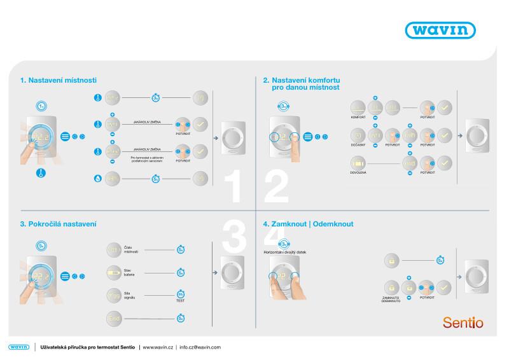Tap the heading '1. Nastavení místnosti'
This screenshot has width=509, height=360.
coord(58,80)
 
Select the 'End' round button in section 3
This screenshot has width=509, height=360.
coord(113,317)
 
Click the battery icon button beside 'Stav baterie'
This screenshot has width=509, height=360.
coord(113,273)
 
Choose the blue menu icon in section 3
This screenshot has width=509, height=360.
coord(65,277)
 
